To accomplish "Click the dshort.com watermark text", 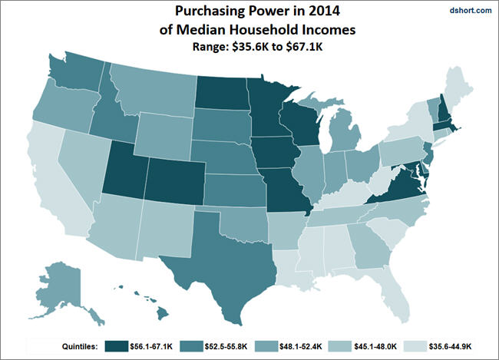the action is [471, 10].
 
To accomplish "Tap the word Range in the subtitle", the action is [210, 47].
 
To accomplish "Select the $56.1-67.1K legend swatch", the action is [117, 346].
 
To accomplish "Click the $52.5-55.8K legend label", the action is [226, 346].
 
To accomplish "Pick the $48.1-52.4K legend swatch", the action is [266, 346].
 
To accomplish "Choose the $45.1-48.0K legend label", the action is [375, 346].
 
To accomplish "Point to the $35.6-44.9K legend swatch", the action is [415, 346].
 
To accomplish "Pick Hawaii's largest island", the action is [163, 314].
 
